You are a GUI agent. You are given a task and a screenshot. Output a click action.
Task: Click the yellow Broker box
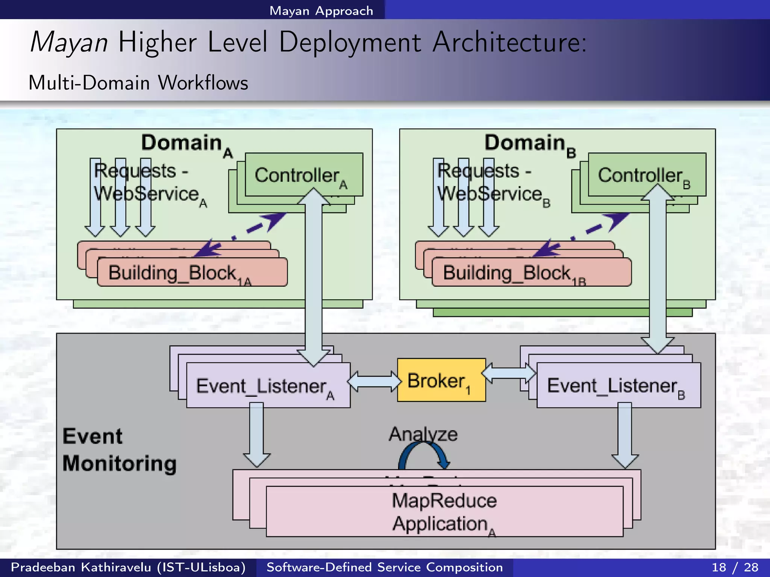[x=441, y=380]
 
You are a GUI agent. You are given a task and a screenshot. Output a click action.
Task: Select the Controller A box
[x=286, y=175]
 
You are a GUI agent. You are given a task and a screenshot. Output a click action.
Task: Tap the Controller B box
[x=632, y=175]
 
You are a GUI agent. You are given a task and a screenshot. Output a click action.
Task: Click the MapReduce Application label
[x=444, y=512]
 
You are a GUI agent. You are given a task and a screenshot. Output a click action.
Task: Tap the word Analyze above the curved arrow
[x=423, y=434]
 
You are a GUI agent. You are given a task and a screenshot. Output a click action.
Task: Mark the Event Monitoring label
[x=119, y=450]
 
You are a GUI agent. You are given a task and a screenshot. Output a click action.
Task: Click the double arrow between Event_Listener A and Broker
[x=374, y=381]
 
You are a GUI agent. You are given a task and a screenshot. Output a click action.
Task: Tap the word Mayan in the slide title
[x=69, y=42]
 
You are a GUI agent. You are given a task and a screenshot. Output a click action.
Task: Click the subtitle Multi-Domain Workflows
[x=138, y=83]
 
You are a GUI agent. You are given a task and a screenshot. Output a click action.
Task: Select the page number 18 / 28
[x=735, y=567]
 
